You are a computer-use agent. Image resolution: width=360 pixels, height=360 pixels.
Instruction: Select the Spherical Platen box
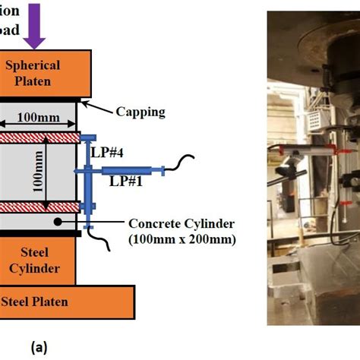click(44, 74)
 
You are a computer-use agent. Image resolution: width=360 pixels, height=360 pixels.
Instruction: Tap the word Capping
click(140, 112)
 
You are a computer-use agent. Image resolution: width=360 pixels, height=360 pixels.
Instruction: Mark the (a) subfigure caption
click(39, 347)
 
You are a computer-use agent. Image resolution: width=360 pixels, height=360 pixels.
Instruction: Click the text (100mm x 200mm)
click(182, 239)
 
